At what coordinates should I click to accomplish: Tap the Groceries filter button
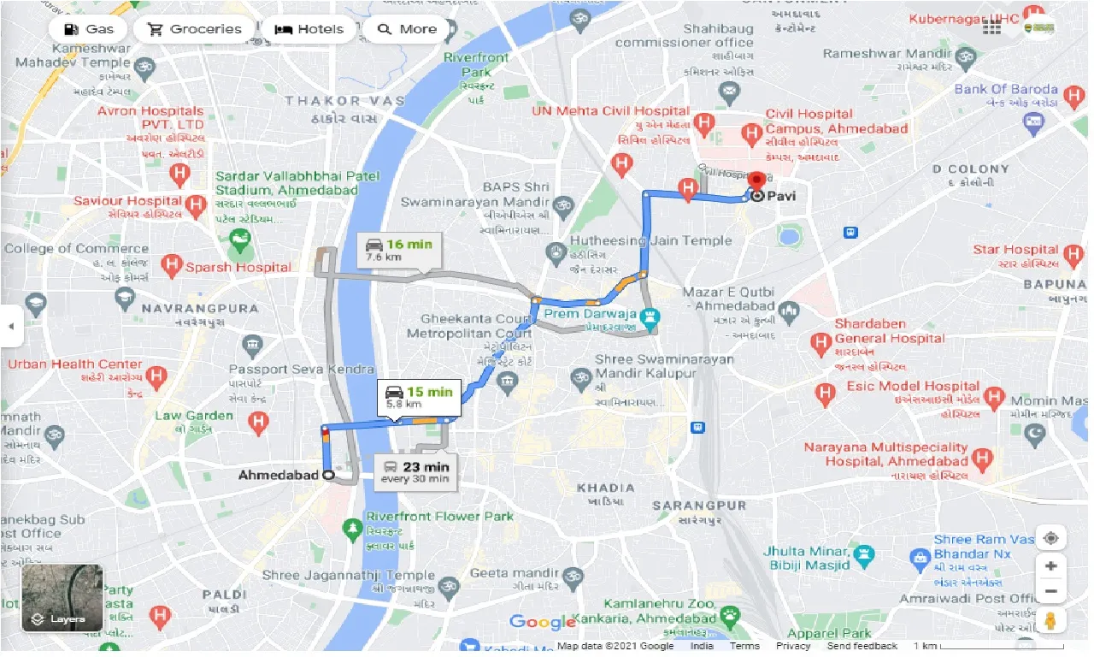click(x=196, y=29)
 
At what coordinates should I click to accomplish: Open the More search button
click(x=407, y=29)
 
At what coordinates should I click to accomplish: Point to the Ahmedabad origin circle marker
click(x=329, y=475)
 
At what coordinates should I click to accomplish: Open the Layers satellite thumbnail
click(x=62, y=597)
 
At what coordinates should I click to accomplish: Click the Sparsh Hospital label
click(x=239, y=267)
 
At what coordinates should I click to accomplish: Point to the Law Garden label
click(x=194, y=416)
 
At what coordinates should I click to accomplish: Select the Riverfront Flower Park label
click(x=439, y=516)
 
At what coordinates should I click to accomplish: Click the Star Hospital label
click(x=1015, y=250)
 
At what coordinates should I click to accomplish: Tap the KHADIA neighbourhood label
click(x=605, y=488)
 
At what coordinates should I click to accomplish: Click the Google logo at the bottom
click(x=543, y=623)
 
